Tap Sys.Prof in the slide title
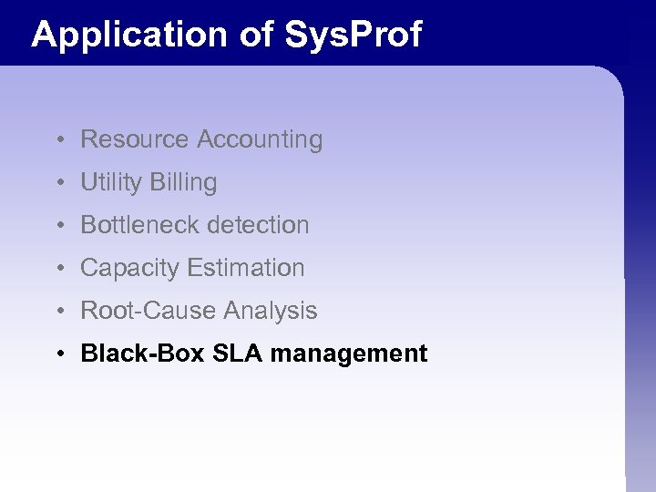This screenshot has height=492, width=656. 354,35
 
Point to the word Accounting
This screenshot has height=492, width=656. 260,139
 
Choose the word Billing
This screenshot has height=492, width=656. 184,182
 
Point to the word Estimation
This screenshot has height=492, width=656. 246,268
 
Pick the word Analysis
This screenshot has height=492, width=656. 271,311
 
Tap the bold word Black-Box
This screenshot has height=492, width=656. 143,354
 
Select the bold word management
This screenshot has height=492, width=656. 349,354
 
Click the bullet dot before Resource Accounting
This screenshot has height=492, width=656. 57,140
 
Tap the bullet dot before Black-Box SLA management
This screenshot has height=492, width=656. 57,354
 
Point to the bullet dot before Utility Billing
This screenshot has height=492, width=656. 57,183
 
